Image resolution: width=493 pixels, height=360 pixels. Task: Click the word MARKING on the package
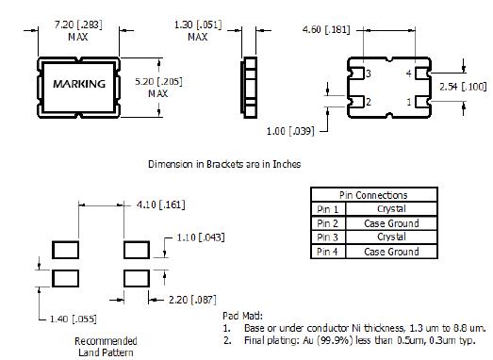[79, 84]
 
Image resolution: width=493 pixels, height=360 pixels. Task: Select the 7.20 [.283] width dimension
[78, 25]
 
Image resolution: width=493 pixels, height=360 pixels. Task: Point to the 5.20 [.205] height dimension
[158, 82]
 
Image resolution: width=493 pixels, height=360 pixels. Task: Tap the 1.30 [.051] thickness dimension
[198, 25]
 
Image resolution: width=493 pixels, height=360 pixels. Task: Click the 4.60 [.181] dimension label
[326, 30]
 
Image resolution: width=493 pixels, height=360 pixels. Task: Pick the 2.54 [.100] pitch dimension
[463, 87]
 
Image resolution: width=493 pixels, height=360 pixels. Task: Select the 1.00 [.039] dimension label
[290, 131]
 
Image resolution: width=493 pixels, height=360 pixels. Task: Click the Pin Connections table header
[373, 195]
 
